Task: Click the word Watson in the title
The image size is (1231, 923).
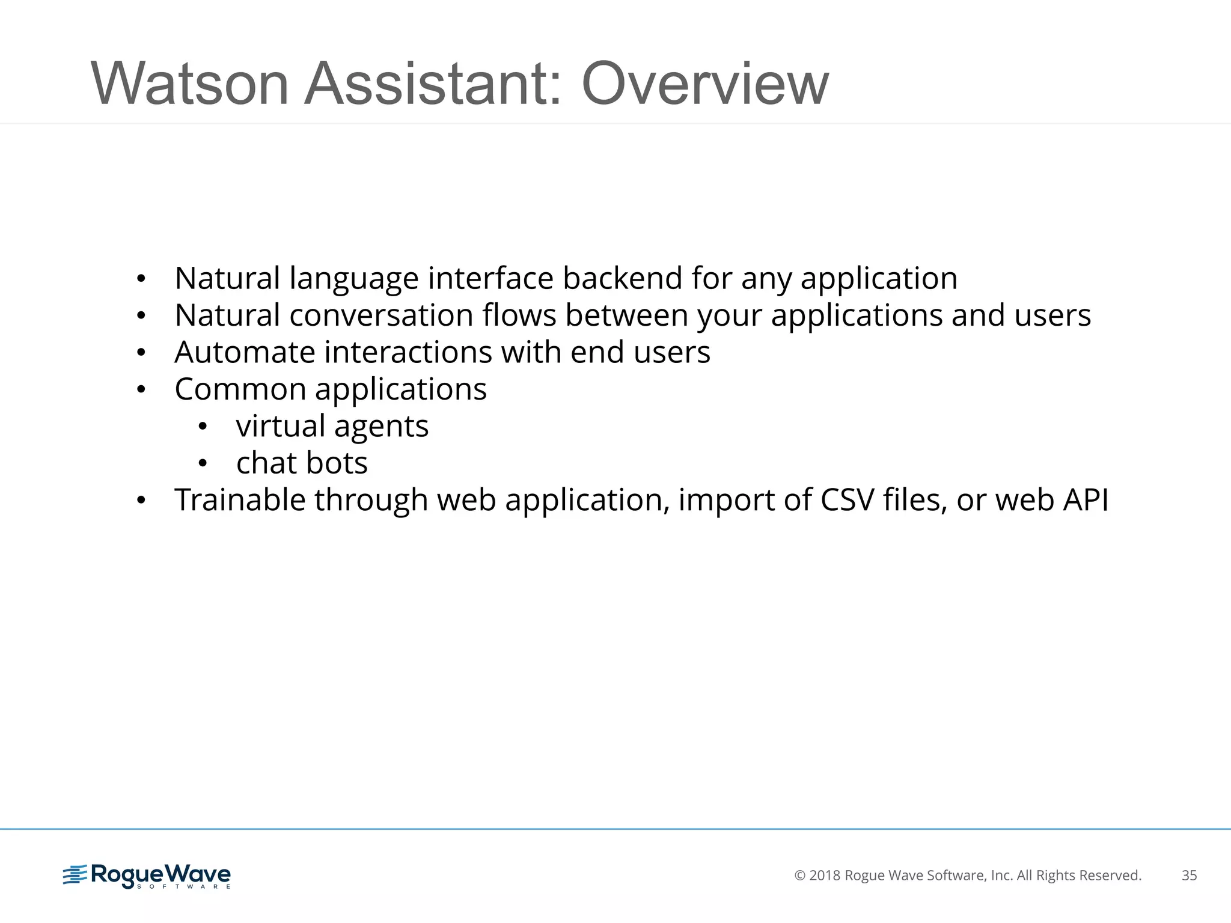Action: point(190,84)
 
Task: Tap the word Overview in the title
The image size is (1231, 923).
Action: point(705,84)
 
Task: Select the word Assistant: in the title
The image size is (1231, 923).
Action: point(433,84)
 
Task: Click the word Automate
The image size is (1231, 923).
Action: point(245,352)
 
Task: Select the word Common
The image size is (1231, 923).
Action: point(240,389)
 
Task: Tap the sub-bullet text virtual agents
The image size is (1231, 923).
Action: point(332,427)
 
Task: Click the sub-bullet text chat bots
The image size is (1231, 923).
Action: point(302,463)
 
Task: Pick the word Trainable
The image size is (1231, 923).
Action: point(240,500)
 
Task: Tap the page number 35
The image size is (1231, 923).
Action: point(1189,876)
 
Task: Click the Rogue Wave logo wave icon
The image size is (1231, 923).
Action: point(75,875)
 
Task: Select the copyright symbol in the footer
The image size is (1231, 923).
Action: point(800,876)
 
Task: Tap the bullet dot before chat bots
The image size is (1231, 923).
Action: point(203,464)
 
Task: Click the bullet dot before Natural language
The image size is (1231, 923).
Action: point(141,279)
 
